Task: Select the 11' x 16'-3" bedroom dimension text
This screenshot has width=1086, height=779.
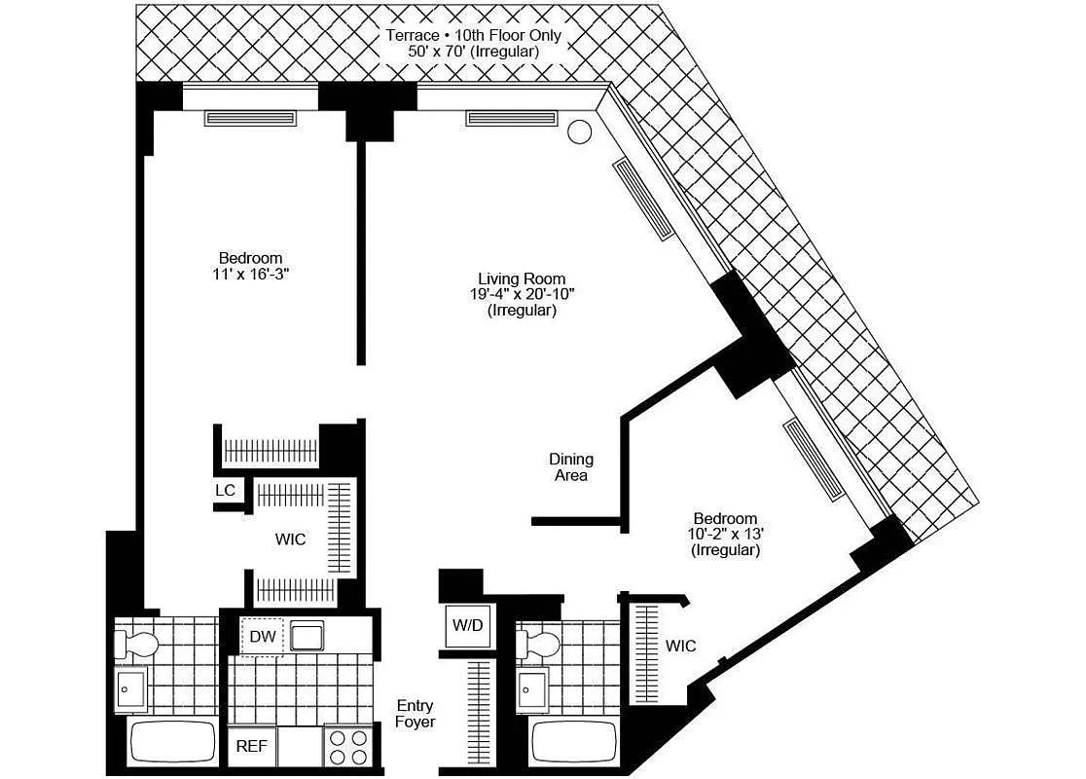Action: (250, 275)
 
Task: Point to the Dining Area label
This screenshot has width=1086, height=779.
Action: (571, 466)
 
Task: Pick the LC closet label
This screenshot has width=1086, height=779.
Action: (225, 490)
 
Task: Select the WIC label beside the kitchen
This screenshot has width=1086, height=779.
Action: (290, 538)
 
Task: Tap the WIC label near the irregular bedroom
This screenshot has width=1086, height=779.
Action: (681, 646)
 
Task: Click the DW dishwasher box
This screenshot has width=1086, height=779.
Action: (261, 637)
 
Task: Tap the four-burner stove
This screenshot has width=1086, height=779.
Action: (348, 747)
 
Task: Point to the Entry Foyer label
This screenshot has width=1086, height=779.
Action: (416, 714)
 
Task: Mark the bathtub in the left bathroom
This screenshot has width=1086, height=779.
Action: (172, 744)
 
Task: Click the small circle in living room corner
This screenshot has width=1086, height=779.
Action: (579, 131)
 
